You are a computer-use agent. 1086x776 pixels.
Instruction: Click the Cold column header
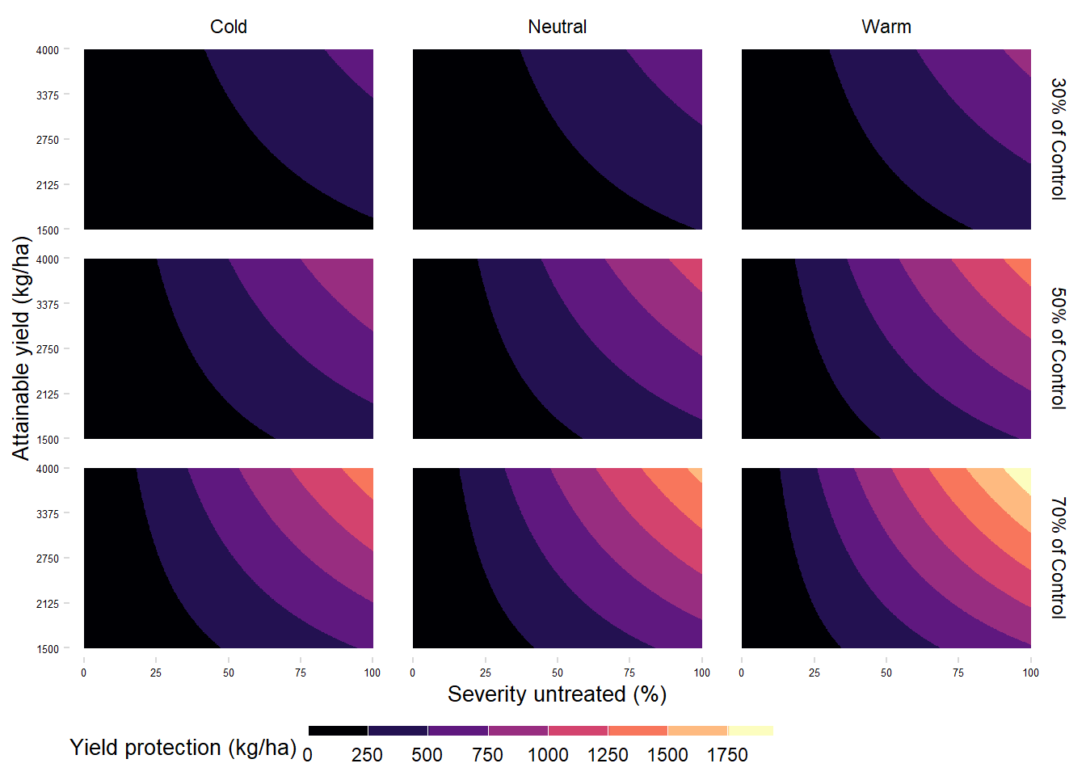[229, 27]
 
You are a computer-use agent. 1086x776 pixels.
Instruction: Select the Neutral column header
[557, 27]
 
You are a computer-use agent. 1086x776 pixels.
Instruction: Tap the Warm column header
[886, 27]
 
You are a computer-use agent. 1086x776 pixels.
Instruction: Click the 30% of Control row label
[1058, 139]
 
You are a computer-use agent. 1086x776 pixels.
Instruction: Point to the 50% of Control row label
[1058, 348]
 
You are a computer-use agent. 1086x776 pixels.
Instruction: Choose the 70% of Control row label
[1058, 558]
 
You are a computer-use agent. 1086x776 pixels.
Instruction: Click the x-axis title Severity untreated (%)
[557, 694]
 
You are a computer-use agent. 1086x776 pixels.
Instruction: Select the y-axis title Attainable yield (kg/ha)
[21, 348]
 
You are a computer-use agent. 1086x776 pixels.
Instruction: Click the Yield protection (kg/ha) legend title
[183, 748]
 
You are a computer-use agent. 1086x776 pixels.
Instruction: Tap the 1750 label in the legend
[727, 755]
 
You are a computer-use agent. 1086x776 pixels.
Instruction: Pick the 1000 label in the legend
[548, 755]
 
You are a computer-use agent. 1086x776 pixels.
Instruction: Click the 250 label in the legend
[367, 755]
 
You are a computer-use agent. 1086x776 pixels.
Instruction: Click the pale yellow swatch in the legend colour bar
[751, 731]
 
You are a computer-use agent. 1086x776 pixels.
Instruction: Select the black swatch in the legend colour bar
[338, 731]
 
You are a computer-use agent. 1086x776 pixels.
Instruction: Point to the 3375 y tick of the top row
[48, 95]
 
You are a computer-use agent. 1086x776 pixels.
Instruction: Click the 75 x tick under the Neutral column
[629, 673]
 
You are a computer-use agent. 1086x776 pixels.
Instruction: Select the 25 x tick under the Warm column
[814, 673]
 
